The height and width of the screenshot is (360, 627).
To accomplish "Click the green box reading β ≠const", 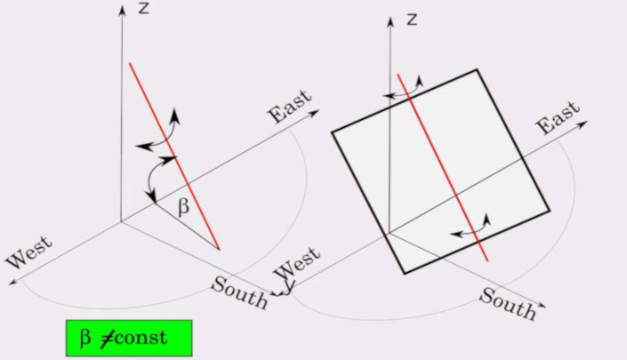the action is tap(128, 338).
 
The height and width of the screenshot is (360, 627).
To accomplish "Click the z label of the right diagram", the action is tap(412, 19).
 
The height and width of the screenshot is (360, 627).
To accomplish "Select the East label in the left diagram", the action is tap(291, 107).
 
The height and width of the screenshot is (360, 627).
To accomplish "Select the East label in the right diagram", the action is tap(558, 118).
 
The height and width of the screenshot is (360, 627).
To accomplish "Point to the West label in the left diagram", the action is tap(29, 252).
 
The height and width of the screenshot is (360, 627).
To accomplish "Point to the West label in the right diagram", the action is tap(298, 264).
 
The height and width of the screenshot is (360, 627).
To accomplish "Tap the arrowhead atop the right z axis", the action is tap(390, 19).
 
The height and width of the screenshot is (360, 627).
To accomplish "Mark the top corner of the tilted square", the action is tap(478, 69).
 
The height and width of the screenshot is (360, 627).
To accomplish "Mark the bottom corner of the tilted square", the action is tap(405, 273).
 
